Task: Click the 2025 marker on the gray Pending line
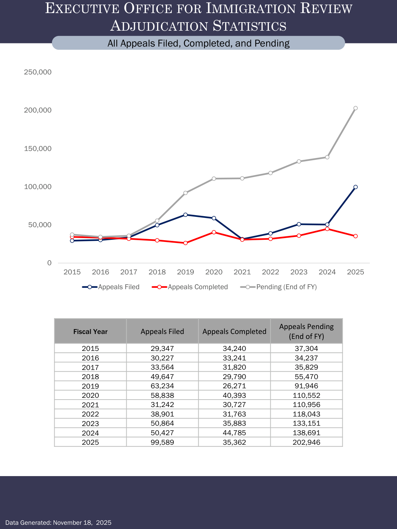point(355,108)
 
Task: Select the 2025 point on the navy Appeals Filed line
point(355,187)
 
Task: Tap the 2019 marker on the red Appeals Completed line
point(186,243)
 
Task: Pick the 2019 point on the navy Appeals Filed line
point(186,215)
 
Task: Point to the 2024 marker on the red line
point(327,229)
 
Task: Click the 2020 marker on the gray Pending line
point(214,178)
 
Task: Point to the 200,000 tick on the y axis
point(38,110)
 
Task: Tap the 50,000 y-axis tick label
point(40,225)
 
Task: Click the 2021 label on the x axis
point(242,272)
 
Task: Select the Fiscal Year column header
point(90,332)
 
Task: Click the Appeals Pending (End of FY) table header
point(306,332)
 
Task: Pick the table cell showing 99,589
point(162,442)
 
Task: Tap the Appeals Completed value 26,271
point(234,386)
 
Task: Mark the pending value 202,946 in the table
point(306,442)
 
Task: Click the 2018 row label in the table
point(90,377)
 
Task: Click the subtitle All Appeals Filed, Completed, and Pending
point(198,43)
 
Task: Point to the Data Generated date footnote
point(58,523)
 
